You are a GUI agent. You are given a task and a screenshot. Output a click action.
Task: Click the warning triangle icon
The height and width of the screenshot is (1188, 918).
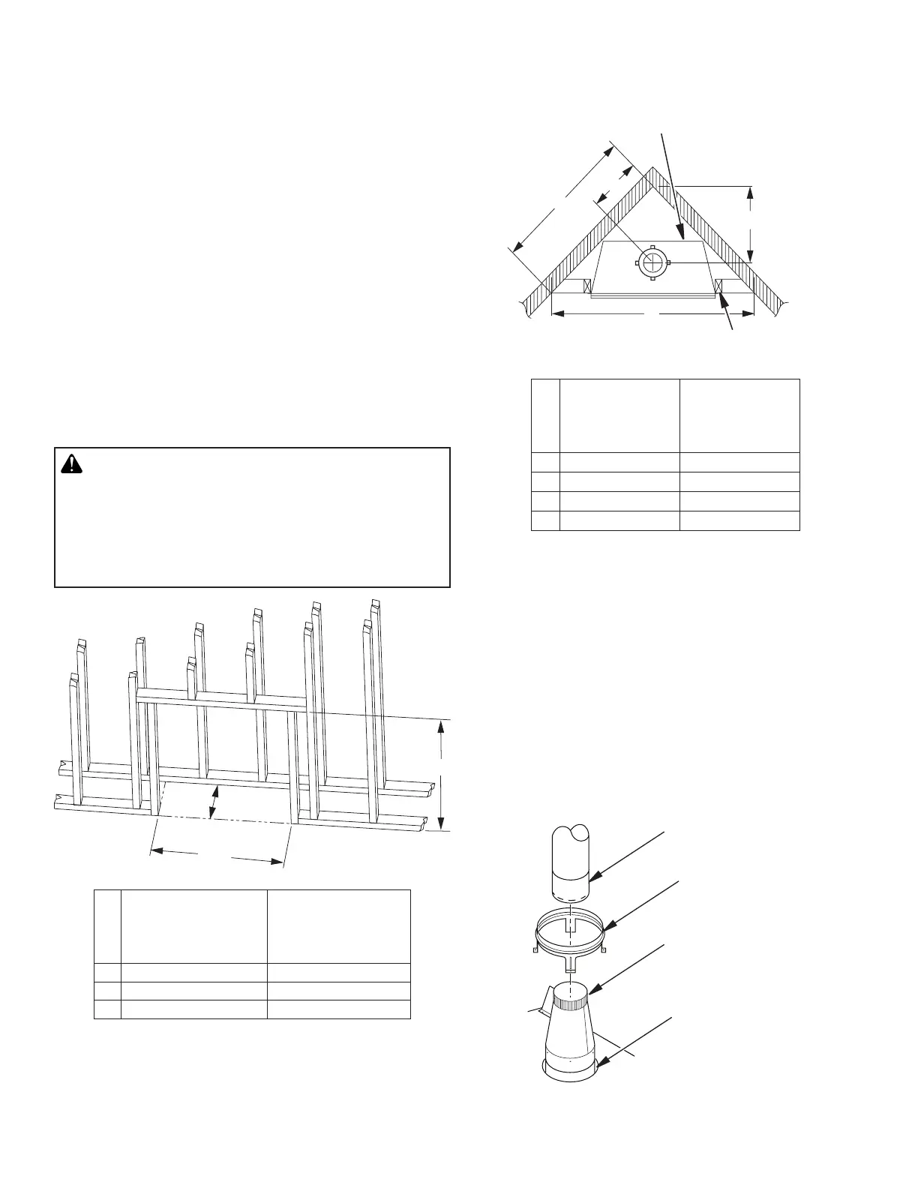71,464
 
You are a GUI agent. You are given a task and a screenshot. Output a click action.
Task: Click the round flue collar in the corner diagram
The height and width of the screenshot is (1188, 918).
652,262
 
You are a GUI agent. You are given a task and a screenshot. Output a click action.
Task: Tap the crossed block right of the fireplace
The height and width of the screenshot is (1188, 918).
718,286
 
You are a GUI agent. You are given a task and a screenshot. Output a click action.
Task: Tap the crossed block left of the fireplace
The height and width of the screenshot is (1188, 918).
588,286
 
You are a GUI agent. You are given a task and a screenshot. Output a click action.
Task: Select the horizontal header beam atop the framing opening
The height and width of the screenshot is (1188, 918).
221,699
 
